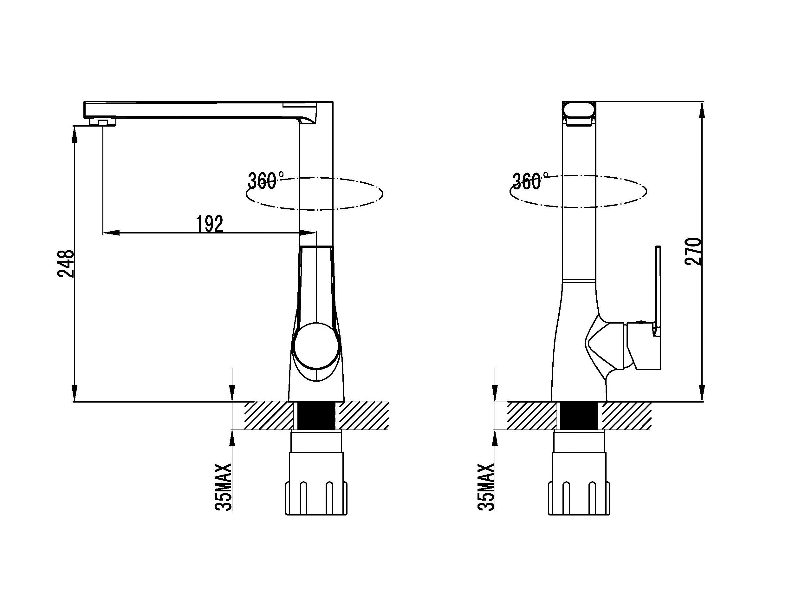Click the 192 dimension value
pyautogui.click(x=210, y=224)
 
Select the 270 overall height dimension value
pyautogui.click(x=693, y=252)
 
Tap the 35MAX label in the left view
pyautogui.click(x=223, y=487)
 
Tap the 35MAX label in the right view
pyautogui.click(x=486, y=487)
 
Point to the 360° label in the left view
pyautogui.click(x=266, y=181)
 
